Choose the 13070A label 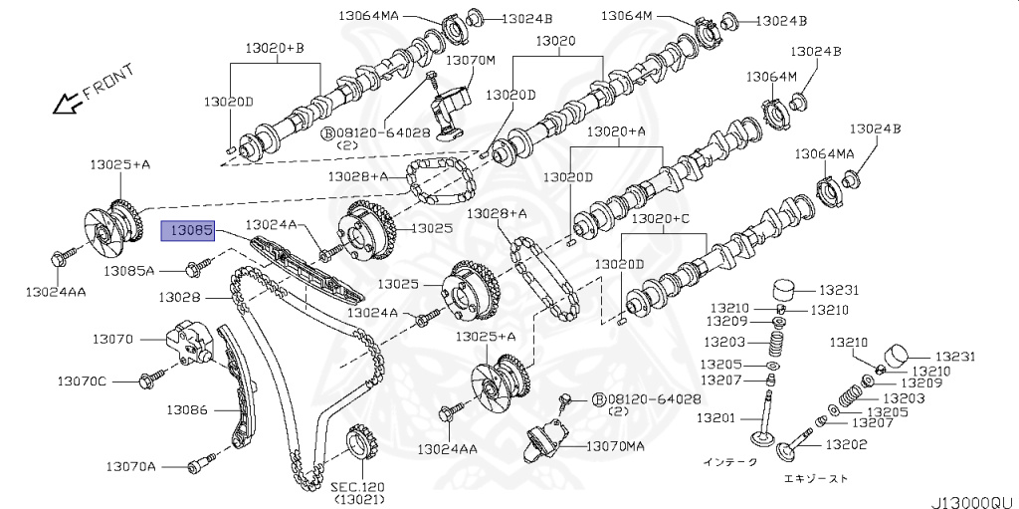131,465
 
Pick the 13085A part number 130,269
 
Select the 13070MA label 617,446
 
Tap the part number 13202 847,444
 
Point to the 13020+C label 661,218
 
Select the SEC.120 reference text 357,486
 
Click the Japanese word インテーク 729,461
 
